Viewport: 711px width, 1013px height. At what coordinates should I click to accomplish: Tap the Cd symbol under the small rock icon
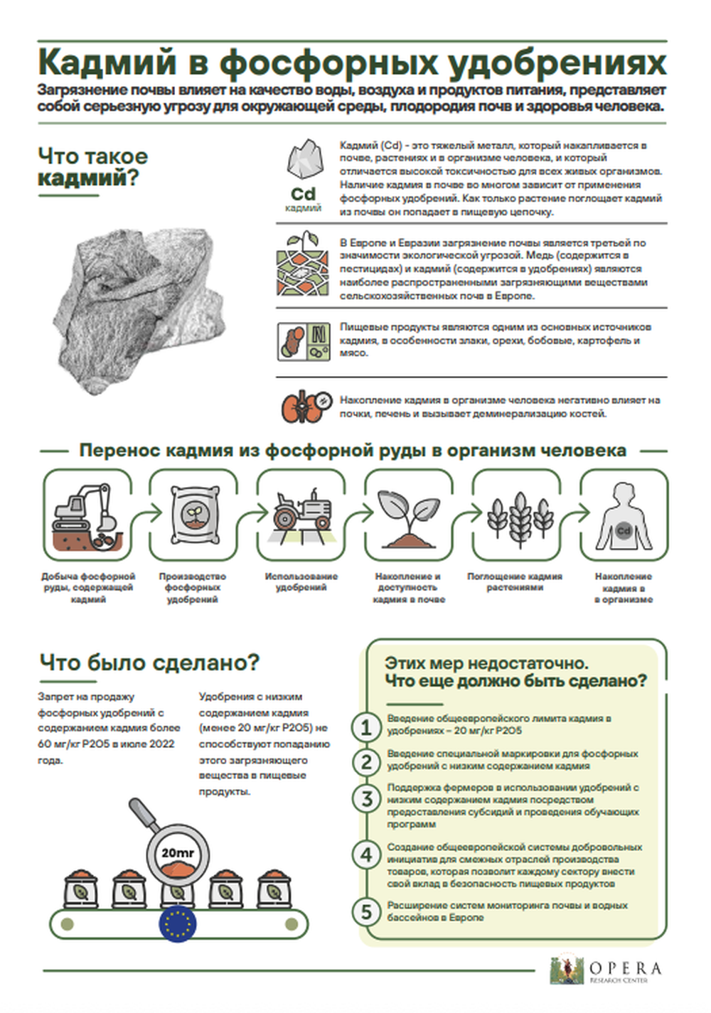tap(303, 194)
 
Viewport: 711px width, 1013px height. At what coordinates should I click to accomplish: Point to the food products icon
tap(303, 341)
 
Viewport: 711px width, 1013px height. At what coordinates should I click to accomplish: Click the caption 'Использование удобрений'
tap(301, 582)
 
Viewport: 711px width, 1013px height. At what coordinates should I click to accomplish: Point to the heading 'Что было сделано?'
tap(149, 663)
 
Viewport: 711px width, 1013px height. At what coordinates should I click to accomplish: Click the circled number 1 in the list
tap(366, 727)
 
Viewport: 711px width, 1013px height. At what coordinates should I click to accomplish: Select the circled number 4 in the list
tap(366, 854)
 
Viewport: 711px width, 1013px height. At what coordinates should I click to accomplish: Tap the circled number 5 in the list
tap(366, 911)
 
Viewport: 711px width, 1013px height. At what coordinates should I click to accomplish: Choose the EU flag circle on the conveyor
tap(177, 924)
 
